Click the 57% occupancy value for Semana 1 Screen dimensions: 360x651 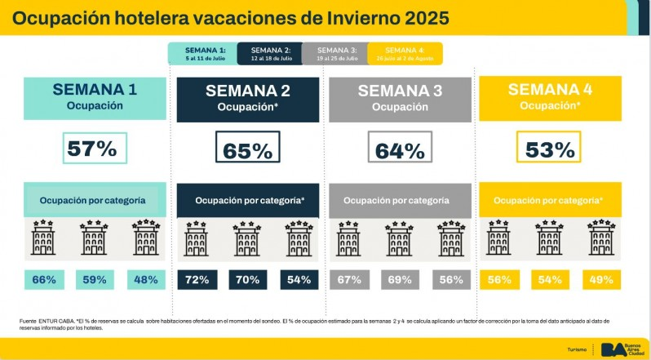95,149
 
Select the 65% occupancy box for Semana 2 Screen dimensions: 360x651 247,150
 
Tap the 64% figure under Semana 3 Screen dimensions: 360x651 400,150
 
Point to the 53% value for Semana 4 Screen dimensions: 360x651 551,149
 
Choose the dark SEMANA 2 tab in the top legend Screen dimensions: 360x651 269,53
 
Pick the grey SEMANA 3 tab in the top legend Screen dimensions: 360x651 334,53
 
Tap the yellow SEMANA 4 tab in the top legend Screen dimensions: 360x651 405,53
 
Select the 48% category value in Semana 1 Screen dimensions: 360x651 146,280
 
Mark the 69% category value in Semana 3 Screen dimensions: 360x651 400,280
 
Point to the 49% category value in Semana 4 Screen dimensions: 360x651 601,280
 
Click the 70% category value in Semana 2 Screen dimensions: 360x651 247,280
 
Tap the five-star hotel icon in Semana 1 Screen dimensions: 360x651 146,238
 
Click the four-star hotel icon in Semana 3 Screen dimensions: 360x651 400,238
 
